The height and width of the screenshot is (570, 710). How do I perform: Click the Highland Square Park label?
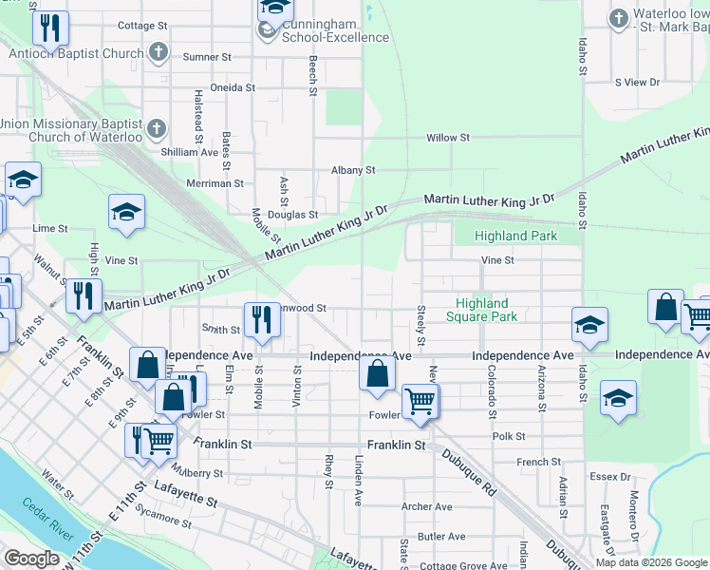click(x=482, y=310)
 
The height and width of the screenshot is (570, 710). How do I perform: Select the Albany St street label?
click(x=353, y=170)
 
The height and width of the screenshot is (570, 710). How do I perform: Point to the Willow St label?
click(x=448, y=138)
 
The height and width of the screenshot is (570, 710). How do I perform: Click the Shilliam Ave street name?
click(x=190, y=152)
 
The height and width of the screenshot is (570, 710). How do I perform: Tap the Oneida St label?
click(x=233, y=87)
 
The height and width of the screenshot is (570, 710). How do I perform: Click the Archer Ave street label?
click(x=426, y=506)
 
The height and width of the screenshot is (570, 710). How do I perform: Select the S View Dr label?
click(x=637, y=83)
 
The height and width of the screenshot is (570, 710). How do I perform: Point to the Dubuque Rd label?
click(x=469, y=472)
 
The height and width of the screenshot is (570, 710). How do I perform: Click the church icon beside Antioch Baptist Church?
click(x=159, y=53)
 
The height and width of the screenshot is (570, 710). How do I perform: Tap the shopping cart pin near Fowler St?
click(x=419, y=401)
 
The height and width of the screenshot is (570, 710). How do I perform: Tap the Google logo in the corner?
click(x=31, y=559)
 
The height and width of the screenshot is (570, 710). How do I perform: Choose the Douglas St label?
click(x=291, y=215)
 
